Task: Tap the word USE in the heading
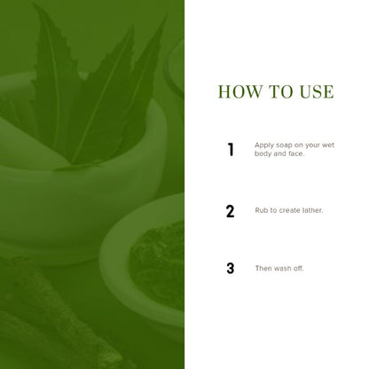pos(317,91)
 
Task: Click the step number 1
pos(231,150)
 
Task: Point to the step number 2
pos(230,211)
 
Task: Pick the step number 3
pos(231,269)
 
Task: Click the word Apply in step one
pos(263,145)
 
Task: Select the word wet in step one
pos(328,145)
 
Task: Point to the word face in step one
pos(296,153)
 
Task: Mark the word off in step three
pos(298,269)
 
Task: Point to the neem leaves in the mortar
pos(98,89)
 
